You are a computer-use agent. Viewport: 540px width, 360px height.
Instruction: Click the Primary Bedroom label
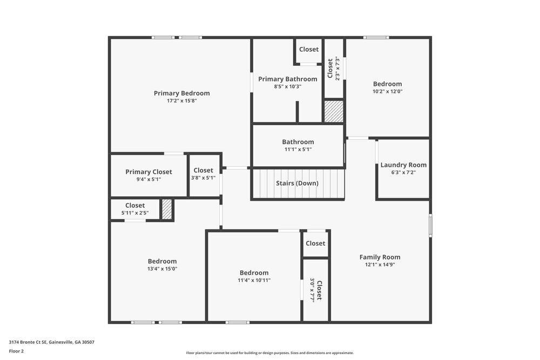tap(181, 93)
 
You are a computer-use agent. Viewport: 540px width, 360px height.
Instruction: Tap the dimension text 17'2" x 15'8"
tap(181, 100)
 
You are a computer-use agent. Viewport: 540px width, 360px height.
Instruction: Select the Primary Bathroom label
tap(287, 79)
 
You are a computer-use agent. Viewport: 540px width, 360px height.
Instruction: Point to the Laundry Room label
tap(403, 165)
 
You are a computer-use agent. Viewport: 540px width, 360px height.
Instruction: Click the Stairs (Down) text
tap(297, 184)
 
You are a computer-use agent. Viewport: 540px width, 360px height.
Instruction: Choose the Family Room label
tap(380, 257)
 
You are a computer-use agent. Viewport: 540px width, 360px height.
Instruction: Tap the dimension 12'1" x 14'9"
tap(380, 264)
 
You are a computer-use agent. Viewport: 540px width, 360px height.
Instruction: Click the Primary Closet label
tap(148, 172)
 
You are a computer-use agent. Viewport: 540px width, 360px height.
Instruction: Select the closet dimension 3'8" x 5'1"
tap(203, 178)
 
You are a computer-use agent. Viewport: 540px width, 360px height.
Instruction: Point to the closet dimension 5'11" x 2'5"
tap(134, 213)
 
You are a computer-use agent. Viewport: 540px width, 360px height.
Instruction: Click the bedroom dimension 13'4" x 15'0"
tap(162, 269)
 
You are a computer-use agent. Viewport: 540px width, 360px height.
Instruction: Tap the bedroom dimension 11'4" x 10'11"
tap(254, 280)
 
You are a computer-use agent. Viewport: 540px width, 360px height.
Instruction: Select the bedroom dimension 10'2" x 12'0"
tap(387, 91)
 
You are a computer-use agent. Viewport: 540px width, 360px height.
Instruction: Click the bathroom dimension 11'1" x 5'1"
tap(298, 150)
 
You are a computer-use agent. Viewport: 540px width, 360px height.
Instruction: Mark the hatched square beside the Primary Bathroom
tap(333, 111)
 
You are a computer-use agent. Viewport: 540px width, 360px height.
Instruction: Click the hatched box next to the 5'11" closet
tap(167, 209)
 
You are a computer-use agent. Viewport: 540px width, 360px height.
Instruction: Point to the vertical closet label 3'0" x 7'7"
tap(316, 290)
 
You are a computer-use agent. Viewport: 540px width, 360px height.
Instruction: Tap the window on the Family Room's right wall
tap(430, 226)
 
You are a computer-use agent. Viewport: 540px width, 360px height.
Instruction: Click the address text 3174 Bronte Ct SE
tap(28, 342)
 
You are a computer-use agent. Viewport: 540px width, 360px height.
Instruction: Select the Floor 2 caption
tap(16, 351)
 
